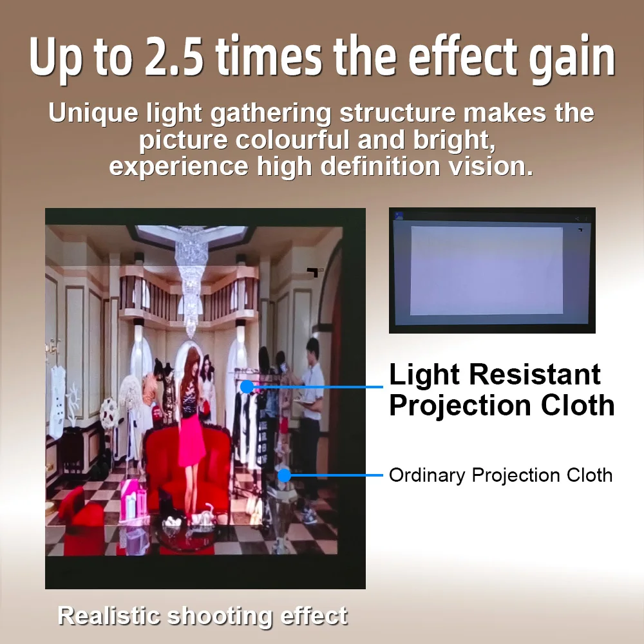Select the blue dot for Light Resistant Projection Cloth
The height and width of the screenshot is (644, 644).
coord(246,386)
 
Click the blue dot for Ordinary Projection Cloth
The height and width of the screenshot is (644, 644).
coord(284,475)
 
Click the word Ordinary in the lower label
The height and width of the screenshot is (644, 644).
coord(427,475)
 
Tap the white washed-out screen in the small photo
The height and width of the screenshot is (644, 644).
coord(486,270)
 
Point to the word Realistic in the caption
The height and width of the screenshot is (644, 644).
coord(108,616)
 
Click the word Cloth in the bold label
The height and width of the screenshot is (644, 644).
coord(577,406)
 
